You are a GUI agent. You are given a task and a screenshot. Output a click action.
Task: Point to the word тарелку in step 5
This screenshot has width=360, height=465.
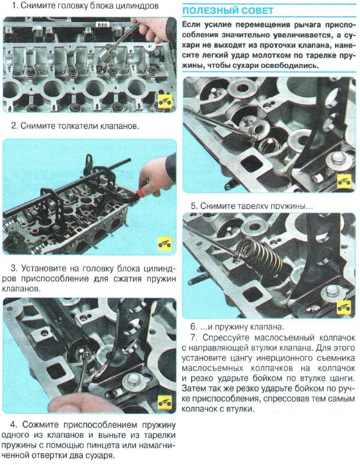(259, 206)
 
